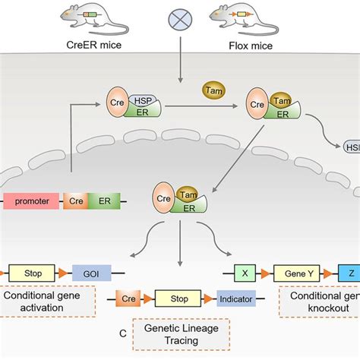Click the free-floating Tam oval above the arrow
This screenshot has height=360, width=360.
click(213, 90)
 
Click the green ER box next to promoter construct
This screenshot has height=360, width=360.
click(99, 202)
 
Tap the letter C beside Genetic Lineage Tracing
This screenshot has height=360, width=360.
click(122, 332)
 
